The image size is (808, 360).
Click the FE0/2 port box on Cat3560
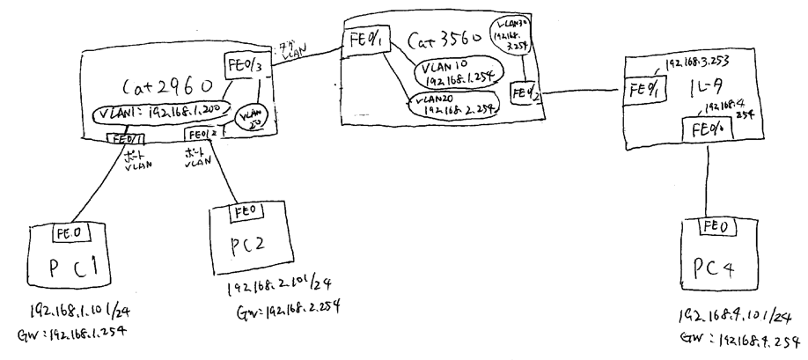523,90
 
